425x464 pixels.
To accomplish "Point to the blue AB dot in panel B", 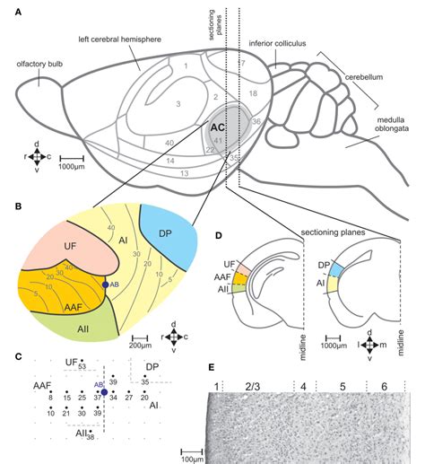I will coord(106,285).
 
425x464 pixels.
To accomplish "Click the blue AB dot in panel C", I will coord(104,392).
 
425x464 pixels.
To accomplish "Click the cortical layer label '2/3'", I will coord(252,385).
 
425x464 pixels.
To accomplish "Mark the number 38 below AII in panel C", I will coord(91,437).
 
